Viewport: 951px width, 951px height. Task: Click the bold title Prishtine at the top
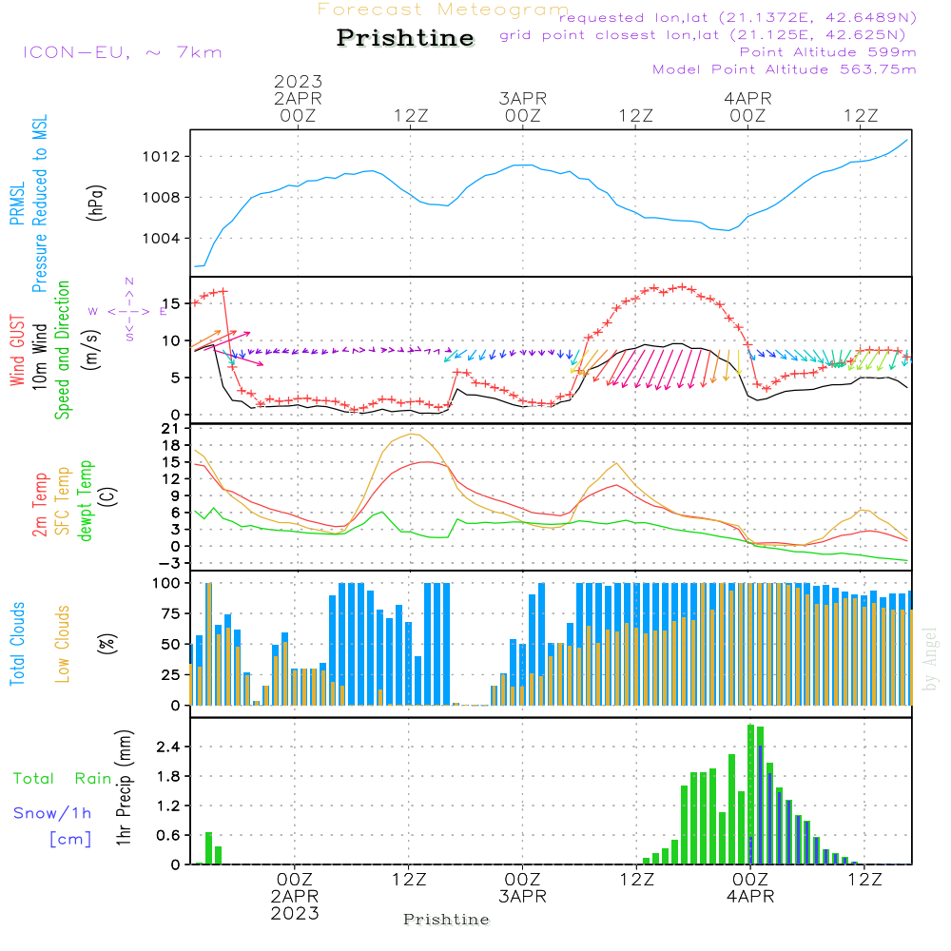pos(405,38)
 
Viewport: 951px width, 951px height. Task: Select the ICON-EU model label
pos(122,51)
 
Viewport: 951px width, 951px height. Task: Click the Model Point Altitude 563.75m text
pos(784,69)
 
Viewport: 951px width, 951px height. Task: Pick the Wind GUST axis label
pos(17,351)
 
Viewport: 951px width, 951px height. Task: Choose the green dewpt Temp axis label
pos(87,501)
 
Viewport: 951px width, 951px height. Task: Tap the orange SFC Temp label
pos(63,501)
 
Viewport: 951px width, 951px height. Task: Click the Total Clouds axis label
pos(17,644)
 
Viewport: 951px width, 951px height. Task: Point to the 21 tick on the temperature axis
pos(173,429)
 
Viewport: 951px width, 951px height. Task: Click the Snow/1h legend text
pos(52,813)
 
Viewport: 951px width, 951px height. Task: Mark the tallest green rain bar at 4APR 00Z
pos(750,794)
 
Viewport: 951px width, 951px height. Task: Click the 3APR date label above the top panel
pos(522,98)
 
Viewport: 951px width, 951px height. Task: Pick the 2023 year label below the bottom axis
pos(295,914)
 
